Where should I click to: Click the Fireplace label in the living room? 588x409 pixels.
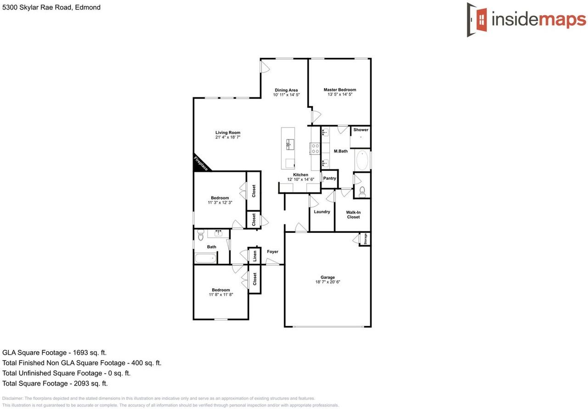200,164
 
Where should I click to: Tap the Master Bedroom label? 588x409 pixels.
339,90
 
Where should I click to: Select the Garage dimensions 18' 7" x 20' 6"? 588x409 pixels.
328,282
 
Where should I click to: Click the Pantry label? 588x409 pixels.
329,178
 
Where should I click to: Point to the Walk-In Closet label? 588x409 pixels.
353,214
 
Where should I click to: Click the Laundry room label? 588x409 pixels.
322,212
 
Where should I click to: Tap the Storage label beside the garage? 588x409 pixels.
365,239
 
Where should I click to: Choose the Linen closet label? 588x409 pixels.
255,256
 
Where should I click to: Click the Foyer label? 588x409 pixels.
272,252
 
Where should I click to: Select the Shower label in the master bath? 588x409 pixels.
361,130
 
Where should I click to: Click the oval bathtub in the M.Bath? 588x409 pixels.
362,160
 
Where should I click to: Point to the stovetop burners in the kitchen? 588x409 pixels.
316,148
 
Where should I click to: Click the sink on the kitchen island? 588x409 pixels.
289,144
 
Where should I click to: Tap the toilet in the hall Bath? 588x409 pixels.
200,236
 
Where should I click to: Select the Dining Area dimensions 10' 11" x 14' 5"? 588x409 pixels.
286,95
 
